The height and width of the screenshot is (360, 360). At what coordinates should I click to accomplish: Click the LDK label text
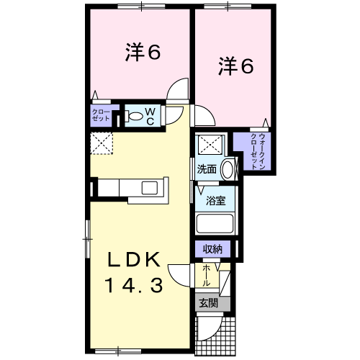[x=134, y=259]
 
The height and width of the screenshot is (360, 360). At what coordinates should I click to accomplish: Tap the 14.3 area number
[x=134, y=285]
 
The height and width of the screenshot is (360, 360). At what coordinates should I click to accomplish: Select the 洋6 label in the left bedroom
[x=143, y=52]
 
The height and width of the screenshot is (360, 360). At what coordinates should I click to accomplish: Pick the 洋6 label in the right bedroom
[x=236, y=66]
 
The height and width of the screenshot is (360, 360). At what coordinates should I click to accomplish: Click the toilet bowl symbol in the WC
[x=133, y=116]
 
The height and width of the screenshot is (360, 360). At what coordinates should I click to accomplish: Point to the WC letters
[x=150, y=117]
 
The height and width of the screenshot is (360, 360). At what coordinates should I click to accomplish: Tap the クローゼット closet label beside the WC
[x=101, y=115]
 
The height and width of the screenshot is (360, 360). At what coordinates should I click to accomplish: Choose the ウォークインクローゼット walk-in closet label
[x=258, y=151]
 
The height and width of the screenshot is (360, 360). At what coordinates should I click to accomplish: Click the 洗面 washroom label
[x=207, y=169]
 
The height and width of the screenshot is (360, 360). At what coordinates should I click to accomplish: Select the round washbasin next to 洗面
[x=228, y=169]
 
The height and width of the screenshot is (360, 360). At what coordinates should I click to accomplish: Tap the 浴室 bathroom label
[x=216, y=201]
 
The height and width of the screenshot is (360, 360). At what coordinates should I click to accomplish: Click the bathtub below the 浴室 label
[x=215, y=223]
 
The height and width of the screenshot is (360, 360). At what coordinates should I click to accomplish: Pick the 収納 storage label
[x=213, y=249]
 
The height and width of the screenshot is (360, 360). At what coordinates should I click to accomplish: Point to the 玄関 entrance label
[x=209, y=304]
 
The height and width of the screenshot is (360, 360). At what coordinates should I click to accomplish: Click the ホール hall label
[x=206, y=276]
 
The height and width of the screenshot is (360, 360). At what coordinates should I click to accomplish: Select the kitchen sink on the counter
[x=150, y=188]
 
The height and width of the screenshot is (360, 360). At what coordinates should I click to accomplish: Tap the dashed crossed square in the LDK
[x=102, y=143]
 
